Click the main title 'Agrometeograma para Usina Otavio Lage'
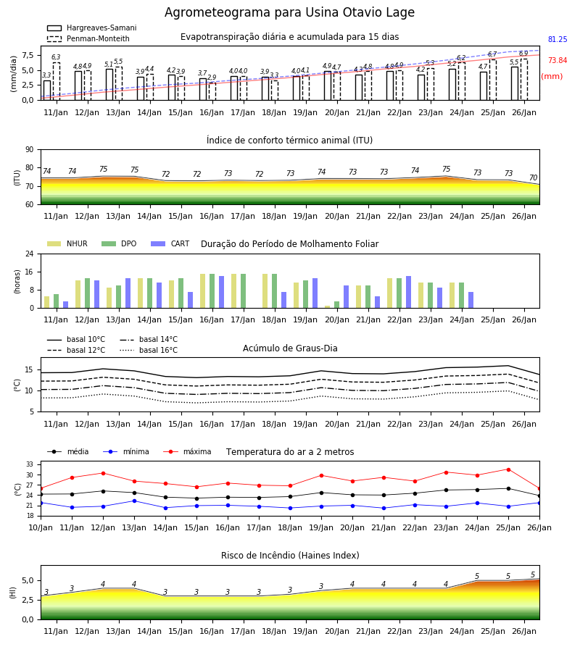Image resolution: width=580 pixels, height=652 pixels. point(289,12)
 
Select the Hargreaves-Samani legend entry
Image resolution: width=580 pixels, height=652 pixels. point(92,28)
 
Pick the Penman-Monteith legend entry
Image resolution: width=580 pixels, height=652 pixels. point(88,38)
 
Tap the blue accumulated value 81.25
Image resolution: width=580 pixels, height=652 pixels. point(558,40)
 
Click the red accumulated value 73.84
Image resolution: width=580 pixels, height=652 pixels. point(558,60)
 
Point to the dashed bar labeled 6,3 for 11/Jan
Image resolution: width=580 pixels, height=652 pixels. point(56,81)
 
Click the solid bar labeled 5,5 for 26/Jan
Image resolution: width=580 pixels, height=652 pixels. point(515,83)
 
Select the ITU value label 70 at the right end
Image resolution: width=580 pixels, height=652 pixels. point(533,177)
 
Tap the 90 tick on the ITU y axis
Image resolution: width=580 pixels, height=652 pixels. point(30,150)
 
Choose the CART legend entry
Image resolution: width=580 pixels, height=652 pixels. point(170,243)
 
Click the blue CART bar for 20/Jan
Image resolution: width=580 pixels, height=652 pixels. point(346,297)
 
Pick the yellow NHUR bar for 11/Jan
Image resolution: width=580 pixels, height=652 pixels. point(47,302)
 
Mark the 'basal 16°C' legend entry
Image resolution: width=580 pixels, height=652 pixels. point(149,350)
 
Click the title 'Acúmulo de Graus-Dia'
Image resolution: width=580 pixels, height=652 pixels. point(290,348)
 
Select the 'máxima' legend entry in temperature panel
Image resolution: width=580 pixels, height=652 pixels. point(187,451)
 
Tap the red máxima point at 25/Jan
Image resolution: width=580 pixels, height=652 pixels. point(508,469)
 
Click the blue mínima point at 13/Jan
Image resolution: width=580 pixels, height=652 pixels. point(134,501)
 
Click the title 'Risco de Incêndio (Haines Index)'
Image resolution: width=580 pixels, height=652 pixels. point(290,556)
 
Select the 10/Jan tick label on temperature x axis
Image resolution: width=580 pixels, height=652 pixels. point(41,527)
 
